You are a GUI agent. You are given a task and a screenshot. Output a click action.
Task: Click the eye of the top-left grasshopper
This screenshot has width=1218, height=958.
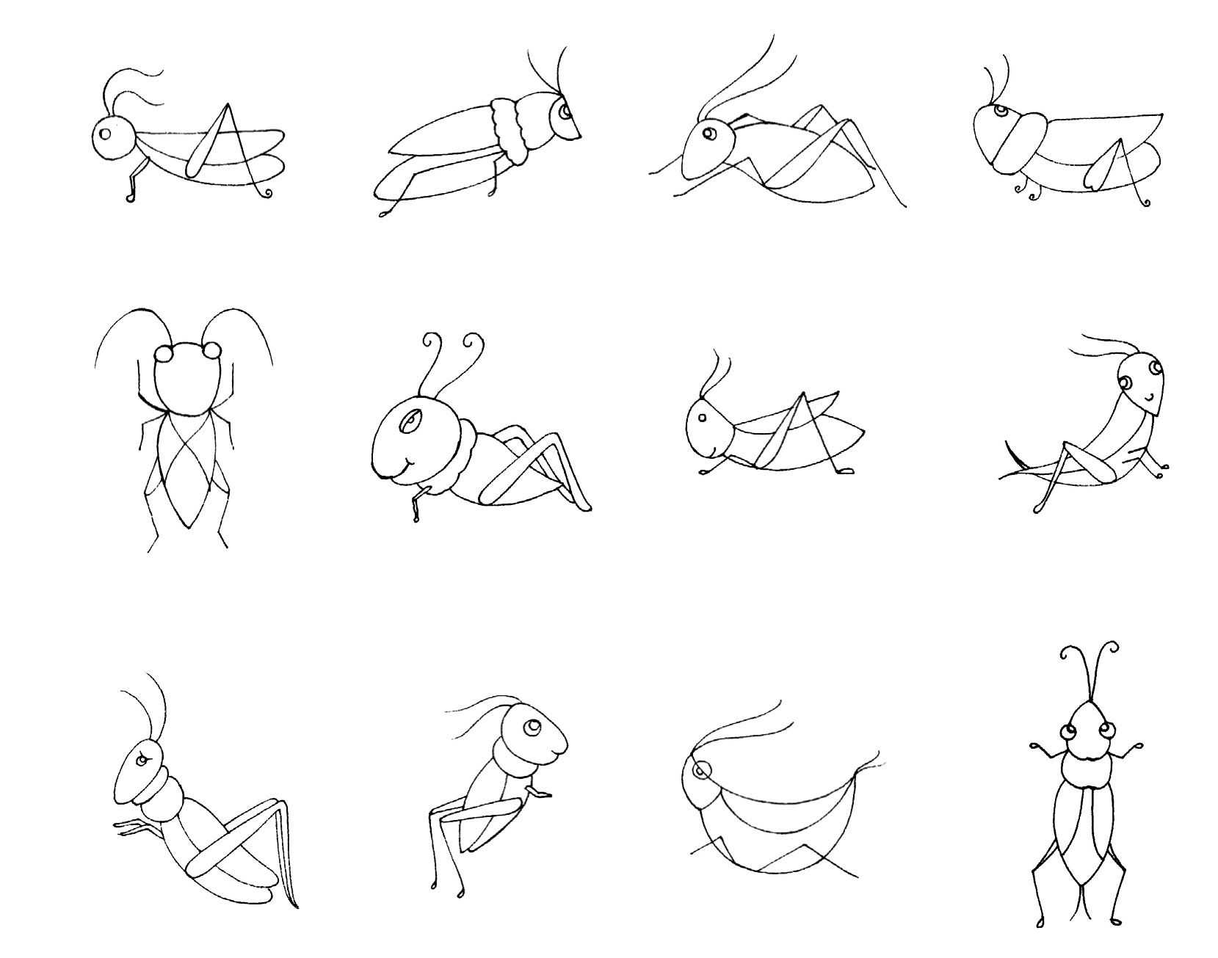pos(106,134)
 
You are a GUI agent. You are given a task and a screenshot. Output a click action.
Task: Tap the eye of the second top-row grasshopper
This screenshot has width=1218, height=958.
pos(565,112)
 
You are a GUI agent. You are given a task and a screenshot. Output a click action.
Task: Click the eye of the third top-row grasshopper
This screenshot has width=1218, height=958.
pos(709,134)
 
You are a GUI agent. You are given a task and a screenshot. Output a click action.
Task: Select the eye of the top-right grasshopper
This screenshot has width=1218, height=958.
pos(1001,111)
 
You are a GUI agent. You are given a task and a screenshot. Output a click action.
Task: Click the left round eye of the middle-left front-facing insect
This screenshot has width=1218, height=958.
pos(163,354)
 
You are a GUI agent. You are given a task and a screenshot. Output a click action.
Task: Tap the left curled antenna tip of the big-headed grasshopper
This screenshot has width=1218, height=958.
pos(429,339)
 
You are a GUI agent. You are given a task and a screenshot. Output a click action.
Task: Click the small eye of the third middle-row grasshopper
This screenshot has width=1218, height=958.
pos(701,418)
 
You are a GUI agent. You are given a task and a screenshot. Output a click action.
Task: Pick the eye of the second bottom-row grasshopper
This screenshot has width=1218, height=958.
pos(532,727)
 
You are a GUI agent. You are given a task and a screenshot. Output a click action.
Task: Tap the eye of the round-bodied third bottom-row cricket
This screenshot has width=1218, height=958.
pos(701,770)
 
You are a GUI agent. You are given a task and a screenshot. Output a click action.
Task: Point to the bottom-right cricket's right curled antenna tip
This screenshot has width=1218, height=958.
pos(1114,647)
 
